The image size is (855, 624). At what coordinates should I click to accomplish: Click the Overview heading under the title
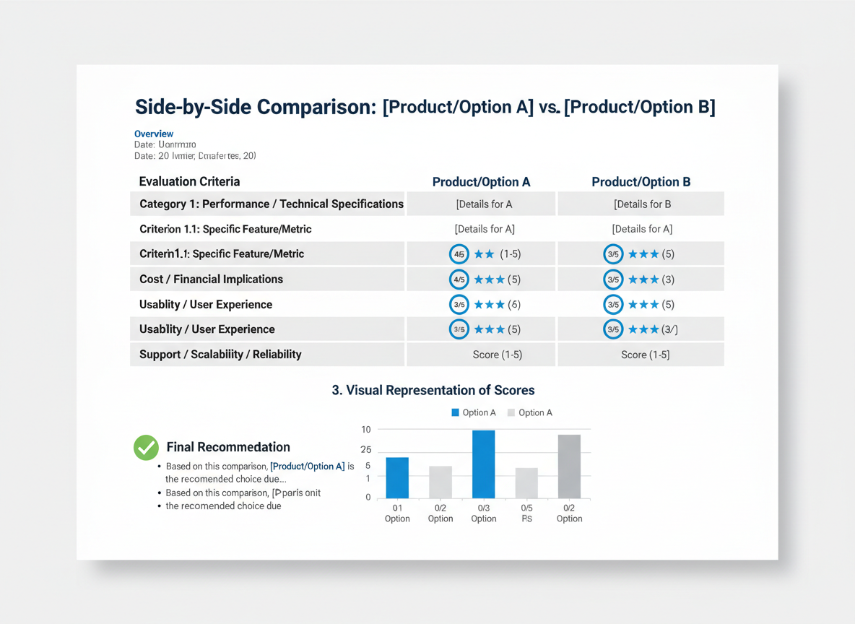tap(154, 134)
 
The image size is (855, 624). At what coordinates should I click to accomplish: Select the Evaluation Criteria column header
tap(189, 181)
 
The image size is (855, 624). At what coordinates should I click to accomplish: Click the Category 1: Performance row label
tap(271, 204)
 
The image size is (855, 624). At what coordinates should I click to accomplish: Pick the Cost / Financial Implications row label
tap(211, 279)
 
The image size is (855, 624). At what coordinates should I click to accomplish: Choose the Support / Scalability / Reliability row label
tap(220, 354)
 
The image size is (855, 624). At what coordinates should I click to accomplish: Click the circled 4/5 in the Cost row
tap(459, 279)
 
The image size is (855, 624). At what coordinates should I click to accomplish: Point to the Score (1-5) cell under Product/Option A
tap(497, 355)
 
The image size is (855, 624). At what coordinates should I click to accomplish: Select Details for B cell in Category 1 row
tap(642, 204)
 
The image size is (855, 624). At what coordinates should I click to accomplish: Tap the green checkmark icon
tap(147, 448)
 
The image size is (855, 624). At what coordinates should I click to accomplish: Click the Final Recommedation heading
tap(228, 447)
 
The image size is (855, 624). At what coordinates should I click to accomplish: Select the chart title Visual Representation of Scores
tap(433, 390)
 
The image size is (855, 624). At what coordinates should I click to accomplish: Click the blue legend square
tap(455, 412)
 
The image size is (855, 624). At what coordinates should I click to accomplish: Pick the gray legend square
tap(511, 412)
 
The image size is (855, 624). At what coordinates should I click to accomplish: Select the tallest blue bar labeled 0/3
tap(483, 464)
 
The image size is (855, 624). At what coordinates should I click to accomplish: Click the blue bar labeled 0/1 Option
tap(397, 477)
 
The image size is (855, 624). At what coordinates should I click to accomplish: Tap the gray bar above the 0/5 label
tap(526, 482)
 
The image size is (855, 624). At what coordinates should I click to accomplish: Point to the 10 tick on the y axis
tap(366, 430)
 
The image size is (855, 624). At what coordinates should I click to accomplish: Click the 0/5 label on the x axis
tap(526, 508)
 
